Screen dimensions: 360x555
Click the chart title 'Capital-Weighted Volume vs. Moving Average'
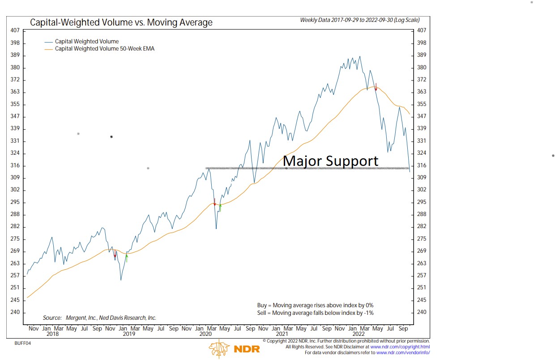(x=121, y=22)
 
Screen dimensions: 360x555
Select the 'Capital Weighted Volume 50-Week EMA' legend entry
(x=105, y=48)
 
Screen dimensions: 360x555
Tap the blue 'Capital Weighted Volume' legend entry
(x=86, y=42)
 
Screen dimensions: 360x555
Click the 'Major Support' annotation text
(x=330, y=161)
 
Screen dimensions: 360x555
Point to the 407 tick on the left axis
(x=14, y=30)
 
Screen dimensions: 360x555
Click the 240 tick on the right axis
(x=422, y=312)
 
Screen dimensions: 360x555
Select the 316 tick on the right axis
(x=422, y=165)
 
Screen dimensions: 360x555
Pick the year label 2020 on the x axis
(x=205, y=334)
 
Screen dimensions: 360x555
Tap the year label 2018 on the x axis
(x=52, y=334)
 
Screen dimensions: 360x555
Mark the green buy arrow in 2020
(x=220, y=207)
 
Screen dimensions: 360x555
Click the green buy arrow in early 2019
(x=127, y=258)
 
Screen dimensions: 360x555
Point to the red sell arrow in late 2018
(x=115, y=254)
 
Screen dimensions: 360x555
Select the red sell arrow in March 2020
(x=214, y=202)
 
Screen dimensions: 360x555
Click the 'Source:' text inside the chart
(x=99, y=318)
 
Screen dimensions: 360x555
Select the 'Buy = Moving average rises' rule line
(x=315, y=305)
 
